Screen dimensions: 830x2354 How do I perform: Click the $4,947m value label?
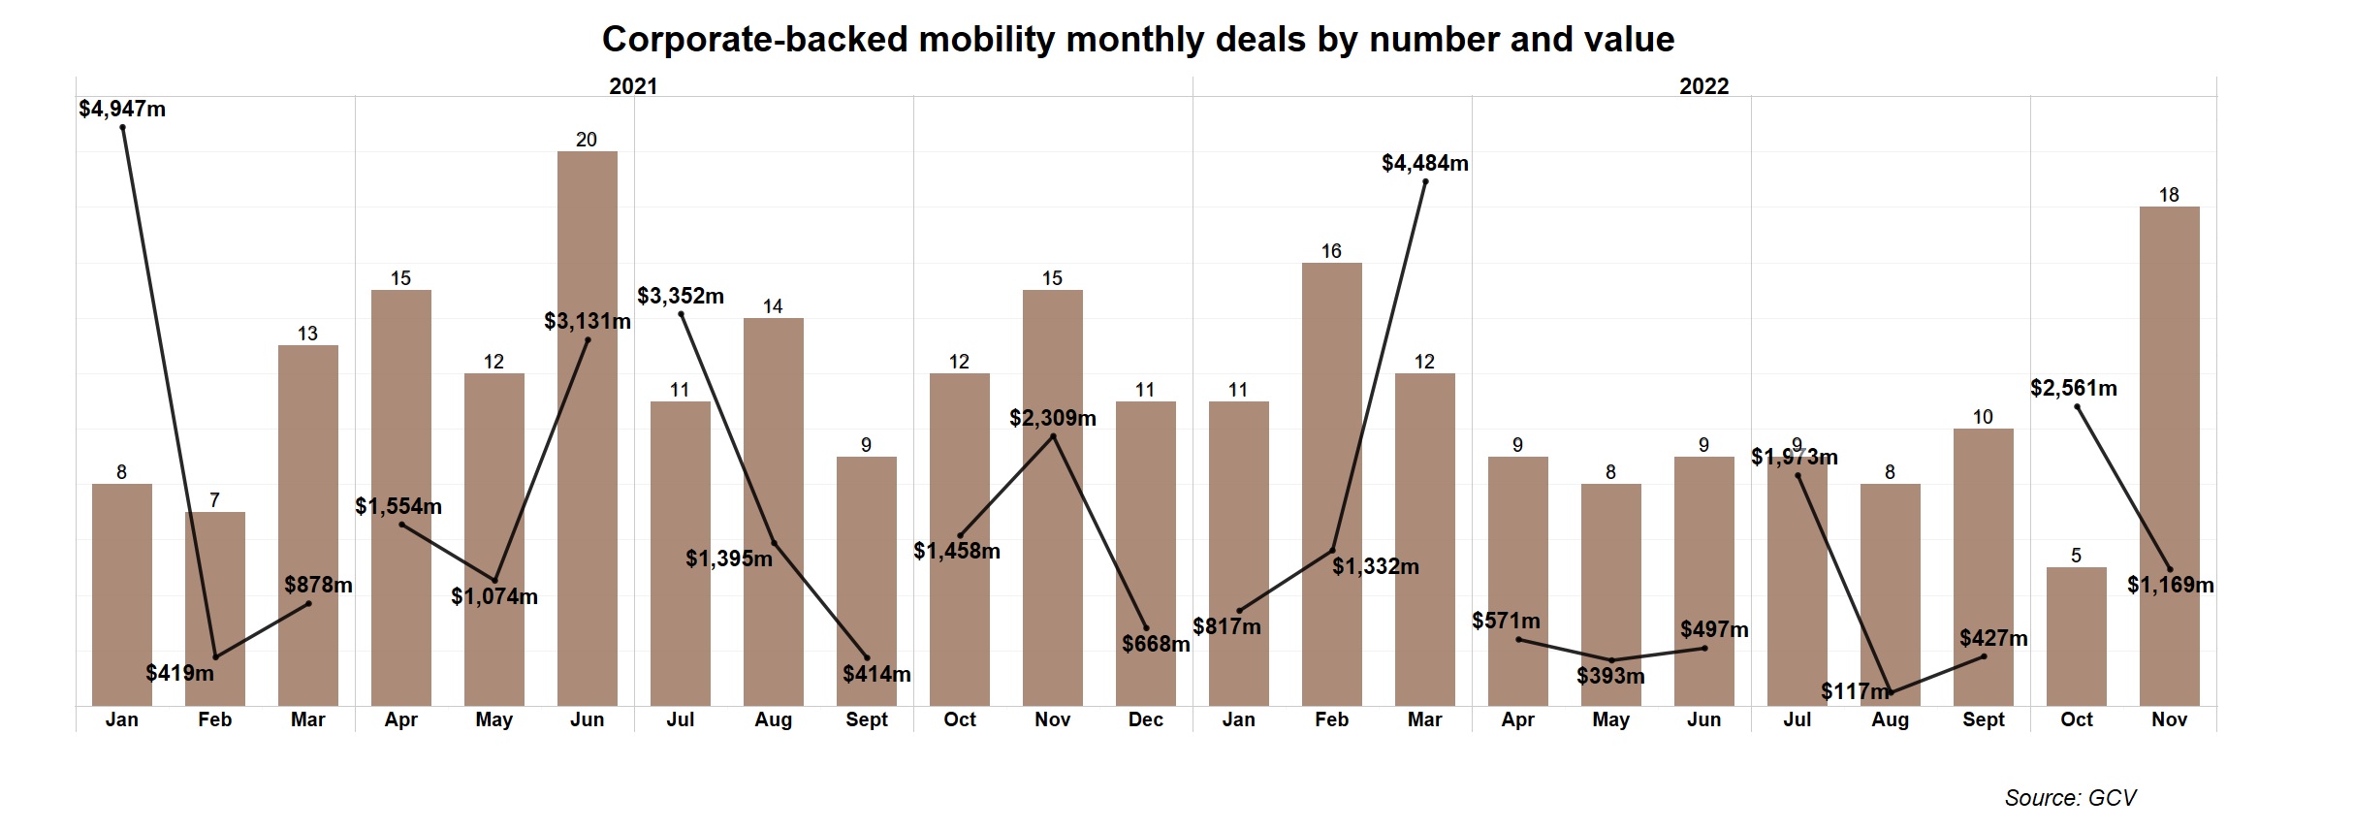pyautogui.click(x=122, y=109)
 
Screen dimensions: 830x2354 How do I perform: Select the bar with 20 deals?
pyautogui.click(x=587, y=427)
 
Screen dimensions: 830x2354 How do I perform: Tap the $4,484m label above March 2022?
pyautogui.click(x=1424, y=163)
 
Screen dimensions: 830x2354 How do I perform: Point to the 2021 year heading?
pyautogui.click(x=633, y=86)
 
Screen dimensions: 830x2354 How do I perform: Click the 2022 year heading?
pyautogui.click(x=1703, y=86)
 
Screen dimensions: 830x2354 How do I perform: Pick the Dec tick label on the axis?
pyautogui.click(x=1145, y=719)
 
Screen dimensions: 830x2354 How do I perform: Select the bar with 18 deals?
pyautogui.click(x=2169, y=456)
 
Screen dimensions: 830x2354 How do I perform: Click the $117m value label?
pyautogui.click(x=1855, y=691)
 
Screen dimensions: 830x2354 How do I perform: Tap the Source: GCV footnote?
pyautogui.click(x=2070, y=798)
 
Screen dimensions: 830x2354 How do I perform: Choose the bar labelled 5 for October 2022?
pyautogui.click(x=2076, y=636)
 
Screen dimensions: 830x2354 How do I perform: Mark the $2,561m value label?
pyautogui.click(x=2073, y=388)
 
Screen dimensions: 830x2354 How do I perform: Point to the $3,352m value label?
pyautogui.click(x=680, y=296)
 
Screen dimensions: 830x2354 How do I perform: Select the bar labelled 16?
pyautogui.click(x=1331, y=485)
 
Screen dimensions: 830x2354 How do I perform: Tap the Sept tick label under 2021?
pyautogui.click(x=866, y=719)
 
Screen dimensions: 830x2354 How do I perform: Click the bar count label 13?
pyautogui.click(x=307, y=334)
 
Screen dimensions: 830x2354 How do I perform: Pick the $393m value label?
pyautogui.click(x=1610, y=676)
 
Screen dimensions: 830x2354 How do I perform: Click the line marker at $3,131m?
pyautogui.click(x=588, y=340)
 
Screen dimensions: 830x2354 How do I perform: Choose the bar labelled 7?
pyautogui.click(x=214, y=609)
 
